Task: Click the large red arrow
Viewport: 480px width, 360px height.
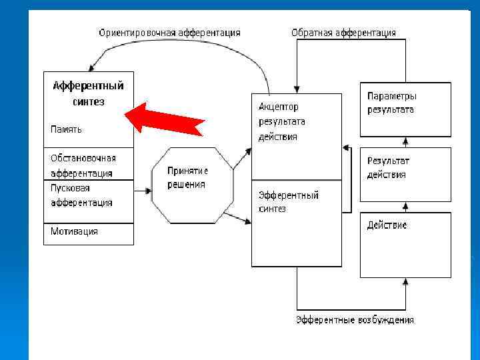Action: (x=167, y=121)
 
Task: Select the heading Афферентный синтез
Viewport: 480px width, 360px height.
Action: (x=88, y=94)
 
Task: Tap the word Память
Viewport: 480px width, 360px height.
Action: (x=67, y=129)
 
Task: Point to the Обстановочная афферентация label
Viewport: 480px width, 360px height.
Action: (x=83, y=165)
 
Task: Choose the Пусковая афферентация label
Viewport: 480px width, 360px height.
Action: (x=81, y=195)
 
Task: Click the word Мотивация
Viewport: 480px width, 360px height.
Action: (x=74, y=231)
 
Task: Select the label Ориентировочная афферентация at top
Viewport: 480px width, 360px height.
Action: (x=169, y=32)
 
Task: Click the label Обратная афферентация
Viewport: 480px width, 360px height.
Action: (x=343, y=32)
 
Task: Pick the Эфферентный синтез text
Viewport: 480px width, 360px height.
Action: (x=289, y=201)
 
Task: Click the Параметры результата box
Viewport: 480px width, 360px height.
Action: (x=405, y=109)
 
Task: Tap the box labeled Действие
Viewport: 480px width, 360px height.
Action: (x=405, y=244)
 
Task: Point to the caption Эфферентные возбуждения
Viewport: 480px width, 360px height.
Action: (x=355, y=320)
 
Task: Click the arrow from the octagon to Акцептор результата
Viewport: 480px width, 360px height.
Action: (x=243, y=157)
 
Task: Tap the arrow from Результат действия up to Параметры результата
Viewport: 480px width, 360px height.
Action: (x=405, y=141)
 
